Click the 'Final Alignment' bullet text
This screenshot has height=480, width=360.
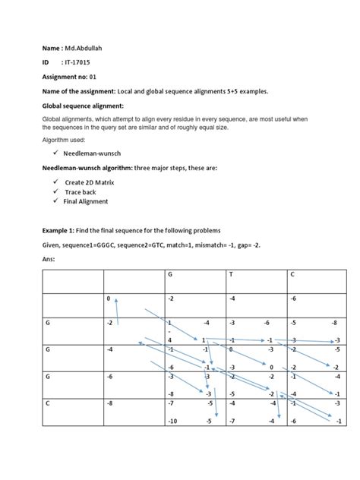(87, 201)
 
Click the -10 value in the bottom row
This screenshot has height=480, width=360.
(174, 421)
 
